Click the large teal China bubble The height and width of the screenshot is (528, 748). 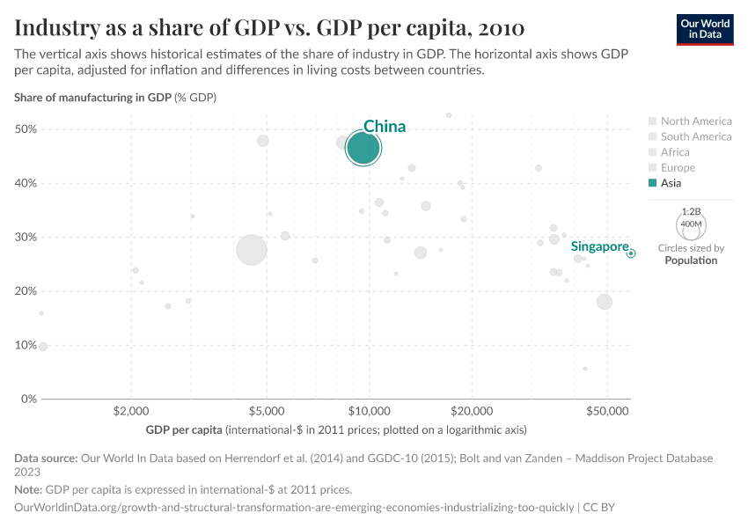[363, 149]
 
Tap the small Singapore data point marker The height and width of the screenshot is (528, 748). [631, 253]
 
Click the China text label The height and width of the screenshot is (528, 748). [385, 127]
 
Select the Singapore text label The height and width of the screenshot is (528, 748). [599, 246]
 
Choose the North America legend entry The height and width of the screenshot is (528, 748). [695, 121]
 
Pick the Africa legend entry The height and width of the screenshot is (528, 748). [675, 152]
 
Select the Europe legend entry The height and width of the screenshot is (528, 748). [678, 167]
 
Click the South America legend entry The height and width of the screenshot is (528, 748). [695, 136]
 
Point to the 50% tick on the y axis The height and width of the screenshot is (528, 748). [26, 129]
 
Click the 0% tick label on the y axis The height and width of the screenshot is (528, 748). [28, 399]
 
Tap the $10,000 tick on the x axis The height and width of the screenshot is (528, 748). [369, 411]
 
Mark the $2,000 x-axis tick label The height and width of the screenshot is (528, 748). [131, 411]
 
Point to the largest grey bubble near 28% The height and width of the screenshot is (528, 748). [252, 250]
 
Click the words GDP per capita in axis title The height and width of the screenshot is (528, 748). [183, 430]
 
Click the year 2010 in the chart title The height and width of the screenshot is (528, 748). [500, 27]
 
